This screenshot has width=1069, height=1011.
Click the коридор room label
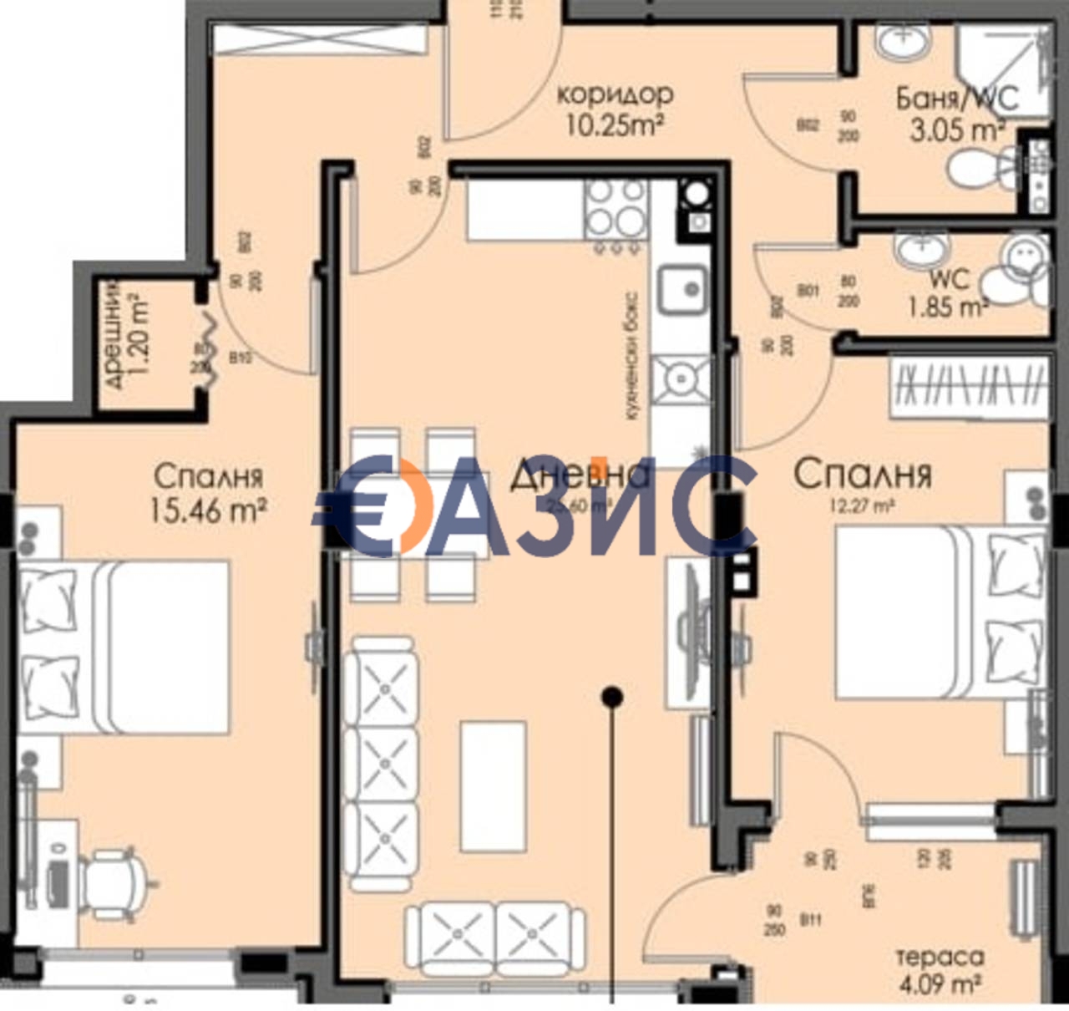point(615,94)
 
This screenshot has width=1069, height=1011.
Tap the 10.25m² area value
point(615,126)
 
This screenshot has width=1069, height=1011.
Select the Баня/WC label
point(957,98)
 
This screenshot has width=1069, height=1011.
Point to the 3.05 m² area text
point(957,130)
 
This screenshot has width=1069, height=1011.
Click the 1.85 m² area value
point(948,307)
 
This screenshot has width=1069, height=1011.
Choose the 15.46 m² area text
point(208,509)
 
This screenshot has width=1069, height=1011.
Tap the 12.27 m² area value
point(861,505)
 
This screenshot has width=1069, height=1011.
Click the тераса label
point(940,956)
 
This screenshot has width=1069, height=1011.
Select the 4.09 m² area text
point(940,984)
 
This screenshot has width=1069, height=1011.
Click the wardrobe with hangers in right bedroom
point(969,388)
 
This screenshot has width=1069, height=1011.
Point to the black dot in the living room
point(613,695)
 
